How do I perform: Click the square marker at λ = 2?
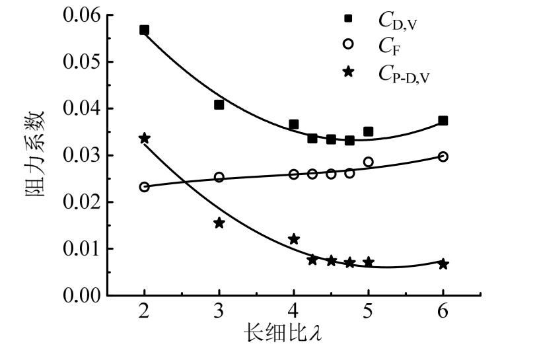[x=144, y=30]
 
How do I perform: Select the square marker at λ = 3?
[x=219, y=104]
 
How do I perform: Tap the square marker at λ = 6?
[x=443, y=121]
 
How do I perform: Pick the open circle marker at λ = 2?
[x=144, y=186]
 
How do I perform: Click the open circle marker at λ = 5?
[x=369, y=162]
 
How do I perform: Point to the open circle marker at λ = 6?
[x=443, y=157]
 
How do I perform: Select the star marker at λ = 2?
[x=144, y=138]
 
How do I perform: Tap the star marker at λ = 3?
[x=219, y=223]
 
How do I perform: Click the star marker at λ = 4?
[x=294, y=238]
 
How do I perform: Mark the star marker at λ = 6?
[x=443, y=264]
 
